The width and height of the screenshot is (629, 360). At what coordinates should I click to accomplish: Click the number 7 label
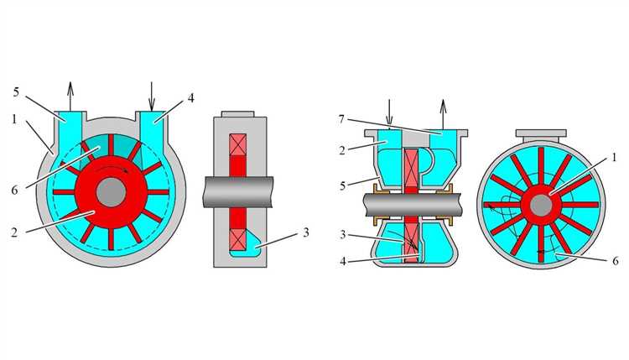click(341, 119)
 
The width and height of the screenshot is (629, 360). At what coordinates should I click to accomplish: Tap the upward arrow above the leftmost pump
click(70, 96)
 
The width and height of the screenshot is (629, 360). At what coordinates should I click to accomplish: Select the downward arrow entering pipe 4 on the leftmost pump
click(151, 96)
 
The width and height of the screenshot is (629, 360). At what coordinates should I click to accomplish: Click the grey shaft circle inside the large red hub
click(111, 192)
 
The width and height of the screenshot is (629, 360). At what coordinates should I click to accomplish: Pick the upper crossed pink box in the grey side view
click(238, 145)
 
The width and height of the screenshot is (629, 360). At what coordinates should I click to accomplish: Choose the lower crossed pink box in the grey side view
click(238, 240)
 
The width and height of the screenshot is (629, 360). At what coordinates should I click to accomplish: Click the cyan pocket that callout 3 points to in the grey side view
click(251, 246)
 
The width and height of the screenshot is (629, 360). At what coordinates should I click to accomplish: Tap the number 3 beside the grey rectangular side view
click(305, 232)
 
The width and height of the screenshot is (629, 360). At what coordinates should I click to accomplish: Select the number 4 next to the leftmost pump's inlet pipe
click(191, 98)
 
